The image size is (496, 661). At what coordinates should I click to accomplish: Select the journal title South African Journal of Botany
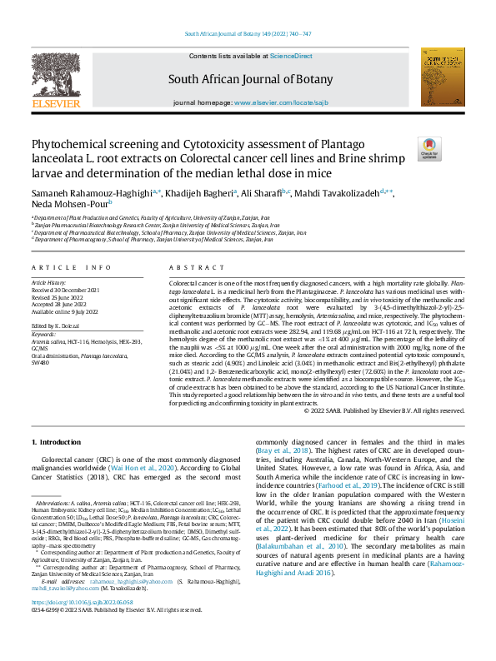click(248, 80)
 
